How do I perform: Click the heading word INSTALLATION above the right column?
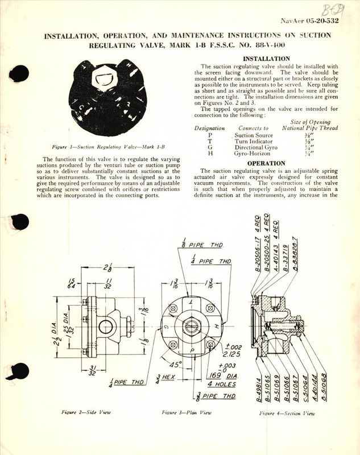click(266, 59)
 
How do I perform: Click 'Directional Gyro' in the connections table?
click(258, 146)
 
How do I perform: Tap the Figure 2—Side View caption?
click(80, 410)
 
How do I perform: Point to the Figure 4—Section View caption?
click(284, 410)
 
